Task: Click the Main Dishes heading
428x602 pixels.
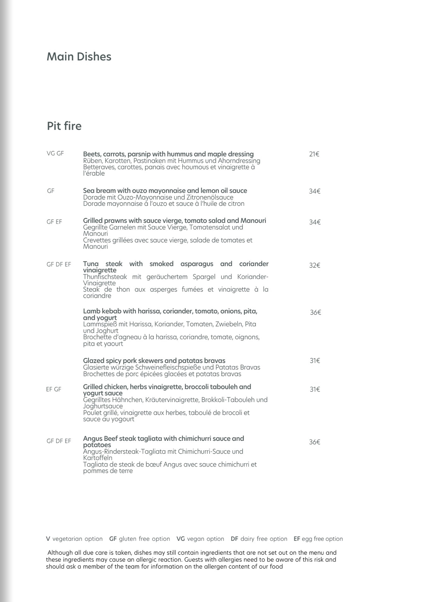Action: pos(79,57)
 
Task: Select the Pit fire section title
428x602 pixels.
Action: pos(64,126)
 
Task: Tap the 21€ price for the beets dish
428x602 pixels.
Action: pos(314,154)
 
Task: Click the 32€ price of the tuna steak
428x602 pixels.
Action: pos(314,265)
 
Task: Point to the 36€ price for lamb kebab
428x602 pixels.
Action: pos(315,312)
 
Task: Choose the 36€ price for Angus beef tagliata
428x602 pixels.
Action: pos(314,442)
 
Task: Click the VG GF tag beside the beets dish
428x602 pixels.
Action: pos(55,154)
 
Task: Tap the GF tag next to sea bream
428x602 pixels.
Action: pos(50,191)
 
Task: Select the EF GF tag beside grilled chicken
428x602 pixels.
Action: pos(54,389)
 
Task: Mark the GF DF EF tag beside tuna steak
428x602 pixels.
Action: pos(59,264)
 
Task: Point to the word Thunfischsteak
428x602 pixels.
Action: pos(105,277)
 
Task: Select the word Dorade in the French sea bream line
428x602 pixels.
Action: pos(93,204)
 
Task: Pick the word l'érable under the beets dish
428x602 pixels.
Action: pos(94,174)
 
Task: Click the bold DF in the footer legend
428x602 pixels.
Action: pos(235,539)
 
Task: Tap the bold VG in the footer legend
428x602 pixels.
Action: pos(181,539)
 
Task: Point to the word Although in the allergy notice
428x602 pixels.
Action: pos(60,553)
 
